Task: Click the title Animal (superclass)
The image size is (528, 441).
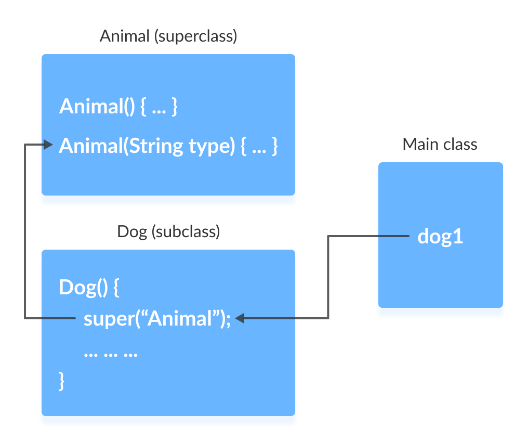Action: click(x=168, y=36)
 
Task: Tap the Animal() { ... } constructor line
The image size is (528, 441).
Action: click(x=118, y=107)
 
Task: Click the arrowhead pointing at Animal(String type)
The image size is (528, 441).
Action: click(x=48, y=145)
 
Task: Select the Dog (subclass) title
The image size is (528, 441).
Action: click(x=168, y=231)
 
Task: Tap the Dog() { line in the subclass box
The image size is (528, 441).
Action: click(x=89, y=288)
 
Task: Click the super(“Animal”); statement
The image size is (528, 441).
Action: click(x=156, y=318)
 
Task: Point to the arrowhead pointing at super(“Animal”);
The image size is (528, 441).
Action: click(x=240, y=318)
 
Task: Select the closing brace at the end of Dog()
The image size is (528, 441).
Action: click(x=62, y=381)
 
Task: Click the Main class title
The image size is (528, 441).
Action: click(x=440, y=144)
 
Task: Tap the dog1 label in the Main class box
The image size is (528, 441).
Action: click(x=440, y=237)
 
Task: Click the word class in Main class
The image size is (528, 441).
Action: click(x=459, y=144)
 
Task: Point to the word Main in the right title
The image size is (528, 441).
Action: click(x=420, y=144)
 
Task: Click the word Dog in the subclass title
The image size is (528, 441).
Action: click(x=132, y=231)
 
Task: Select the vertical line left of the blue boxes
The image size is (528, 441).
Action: click(x=25, y=231)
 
